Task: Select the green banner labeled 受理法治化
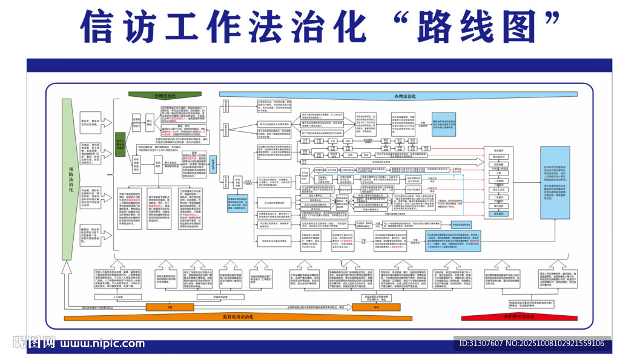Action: click(x=165, y=96)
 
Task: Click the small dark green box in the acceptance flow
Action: click(x=120, y=144)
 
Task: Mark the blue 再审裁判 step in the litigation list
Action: click(x=500, y=214)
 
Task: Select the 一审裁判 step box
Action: click(x=500, y=181)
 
